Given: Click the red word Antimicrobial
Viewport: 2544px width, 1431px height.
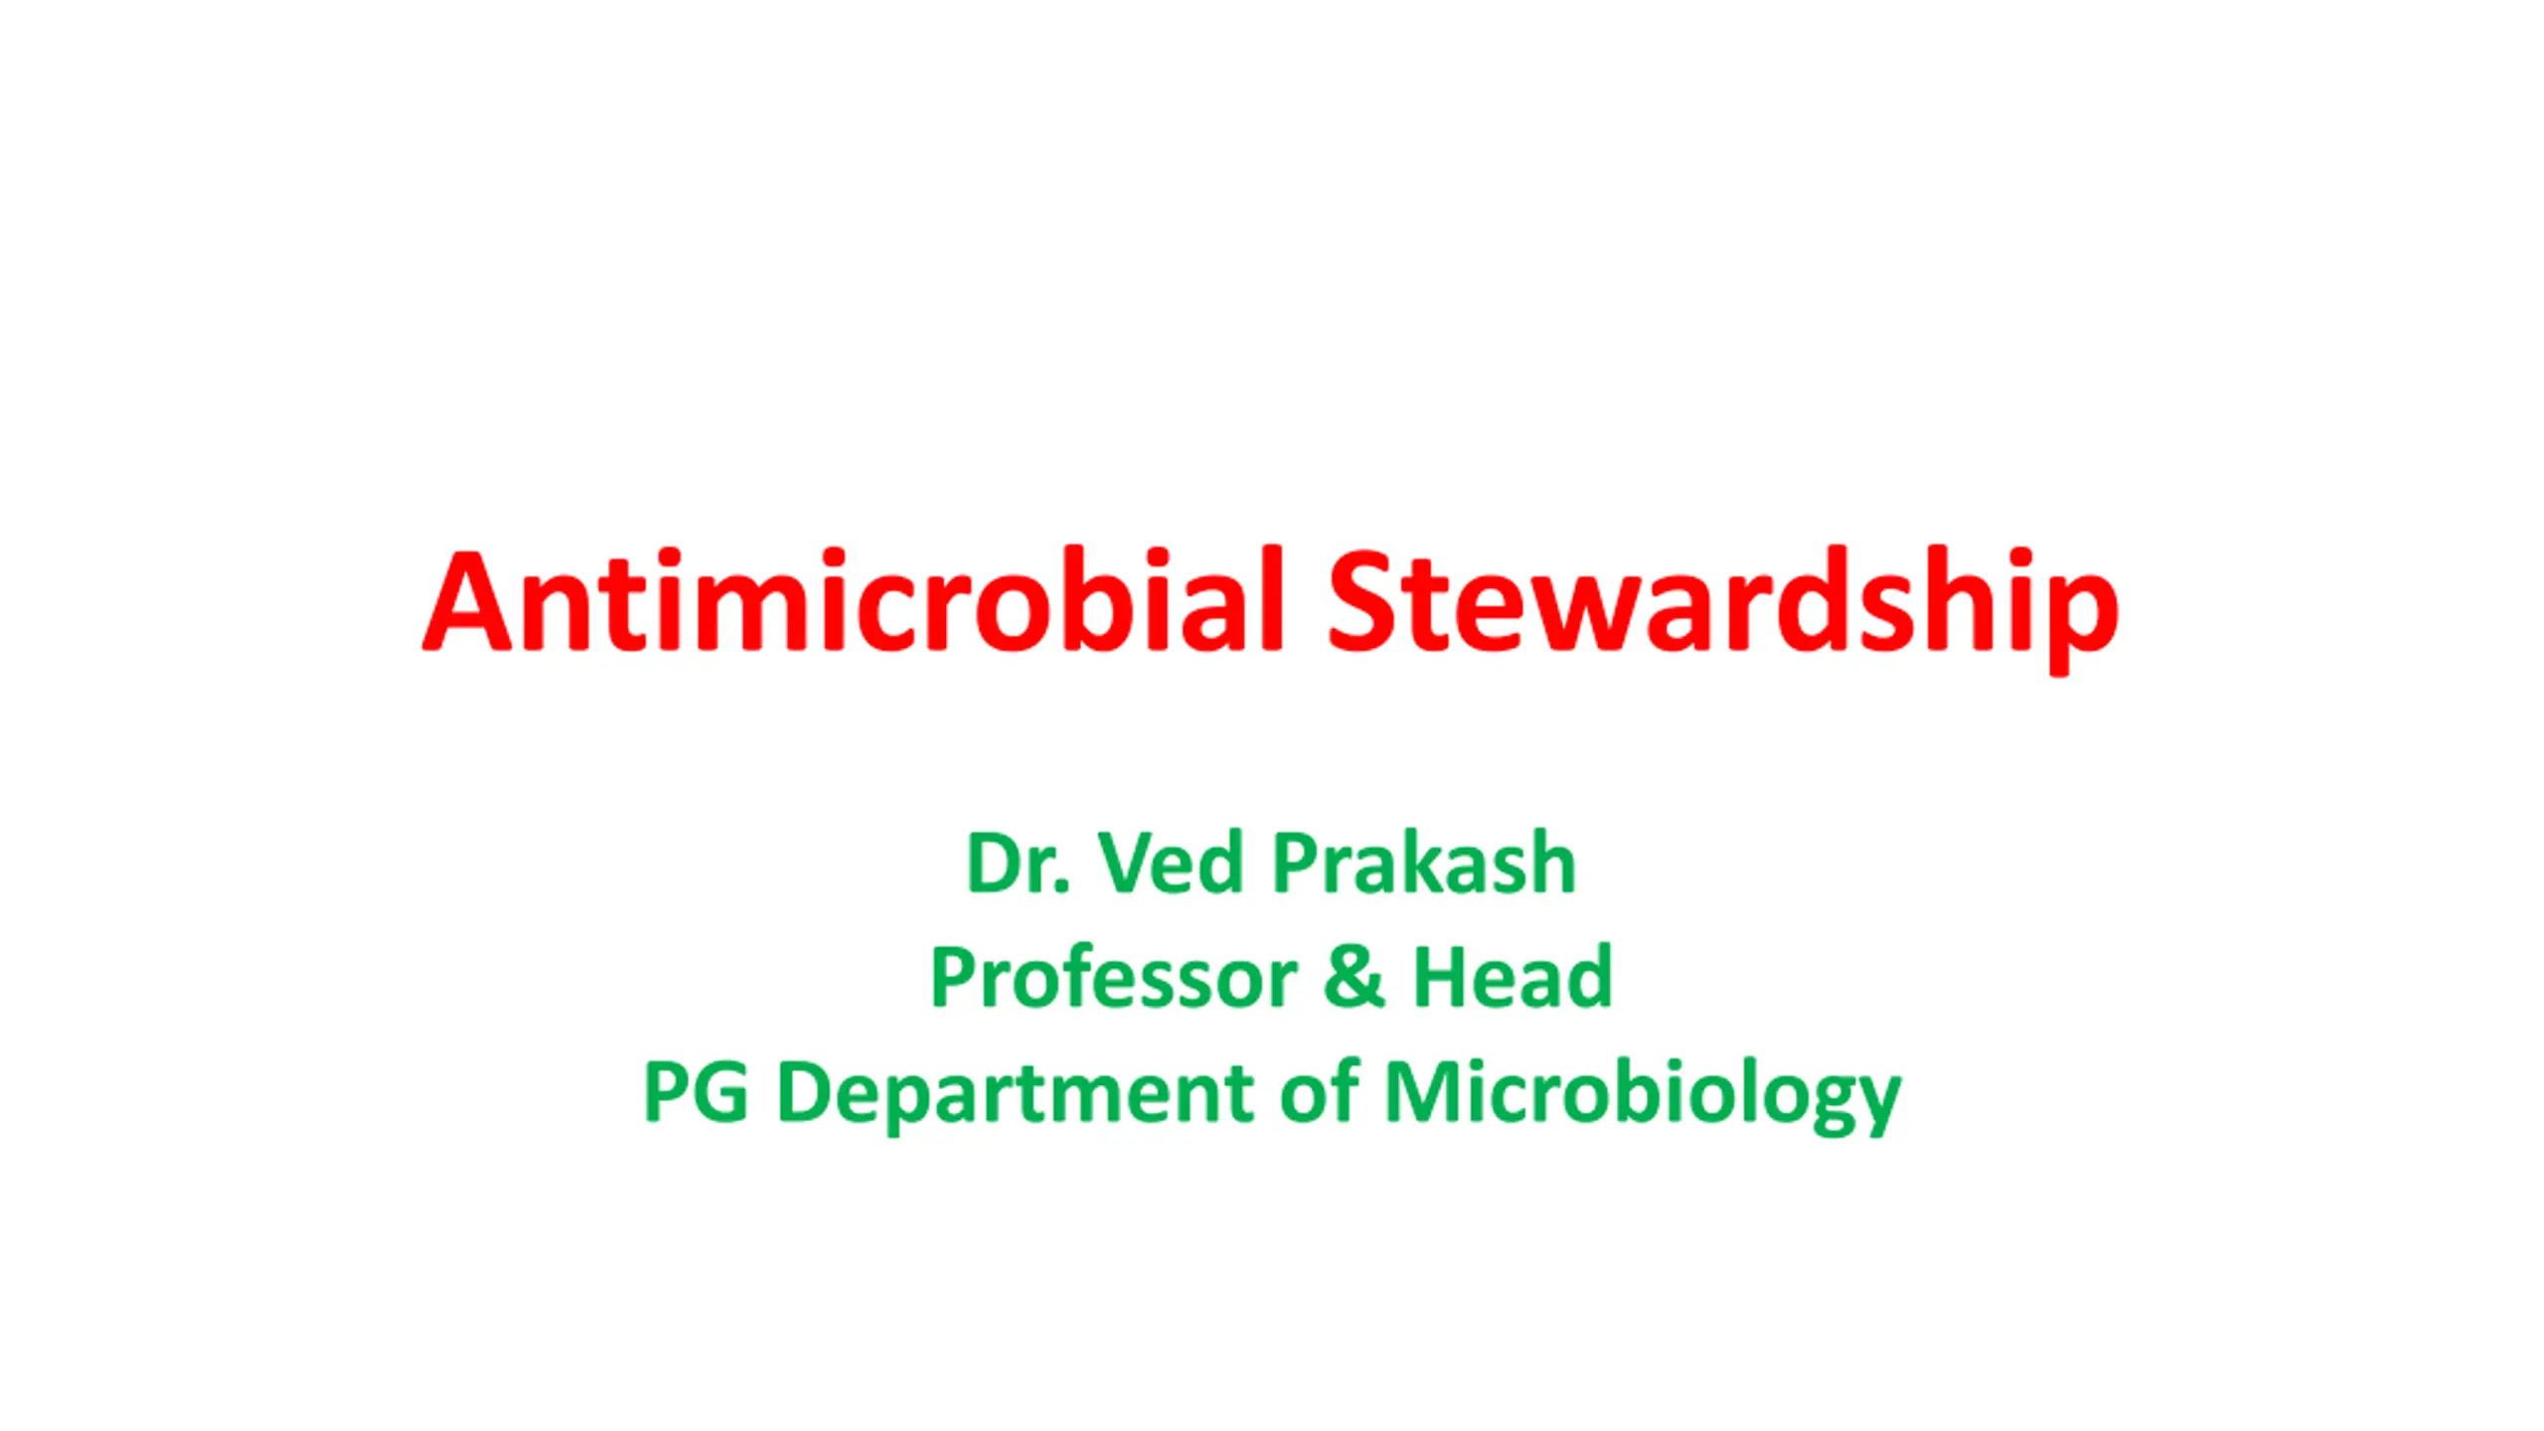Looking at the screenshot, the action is point(855,600).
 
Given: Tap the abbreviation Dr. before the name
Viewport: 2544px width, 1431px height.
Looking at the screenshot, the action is point(1019,863).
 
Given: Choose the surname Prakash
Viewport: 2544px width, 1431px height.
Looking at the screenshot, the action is point(1424,862).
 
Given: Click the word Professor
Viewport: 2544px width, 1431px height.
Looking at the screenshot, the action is point(1114,976).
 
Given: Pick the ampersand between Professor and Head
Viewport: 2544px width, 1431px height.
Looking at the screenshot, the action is point(1353,977).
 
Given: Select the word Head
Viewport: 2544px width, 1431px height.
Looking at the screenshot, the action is point(1511,976).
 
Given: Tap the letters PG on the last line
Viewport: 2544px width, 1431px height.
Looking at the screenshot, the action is point(696,1091).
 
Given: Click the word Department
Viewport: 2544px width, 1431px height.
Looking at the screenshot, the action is point(1016,1096).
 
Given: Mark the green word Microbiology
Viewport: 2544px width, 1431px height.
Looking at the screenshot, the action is point(1643,1095).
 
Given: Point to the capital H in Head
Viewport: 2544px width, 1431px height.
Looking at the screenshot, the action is point(1440,977).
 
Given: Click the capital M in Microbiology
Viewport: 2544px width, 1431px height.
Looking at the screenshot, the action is point(1425,1091).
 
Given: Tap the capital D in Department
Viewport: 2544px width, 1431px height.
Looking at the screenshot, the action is point(806,1091).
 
